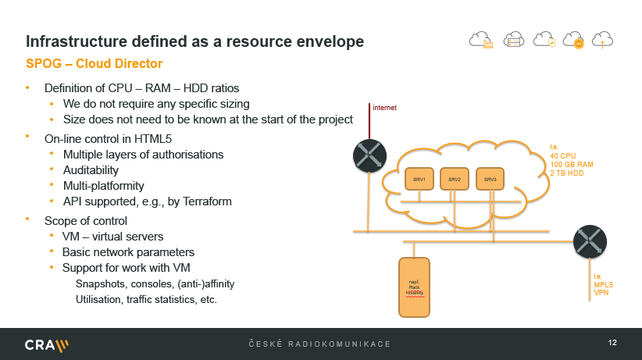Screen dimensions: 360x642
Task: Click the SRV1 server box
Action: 419,179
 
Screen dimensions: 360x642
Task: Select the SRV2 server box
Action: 455,179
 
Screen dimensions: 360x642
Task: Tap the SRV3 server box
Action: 490,179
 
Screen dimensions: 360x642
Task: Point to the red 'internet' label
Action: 384,107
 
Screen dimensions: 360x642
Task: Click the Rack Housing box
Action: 415,287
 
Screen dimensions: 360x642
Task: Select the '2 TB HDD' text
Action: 567,173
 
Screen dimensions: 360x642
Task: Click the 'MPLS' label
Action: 603,285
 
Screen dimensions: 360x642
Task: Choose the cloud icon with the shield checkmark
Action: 544,40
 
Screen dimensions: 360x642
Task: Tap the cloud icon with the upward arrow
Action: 604,40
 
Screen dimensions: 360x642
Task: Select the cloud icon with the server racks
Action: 513,40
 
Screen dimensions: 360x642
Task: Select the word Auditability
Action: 91,170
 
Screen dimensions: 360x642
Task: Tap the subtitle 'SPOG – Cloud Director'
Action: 95,62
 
